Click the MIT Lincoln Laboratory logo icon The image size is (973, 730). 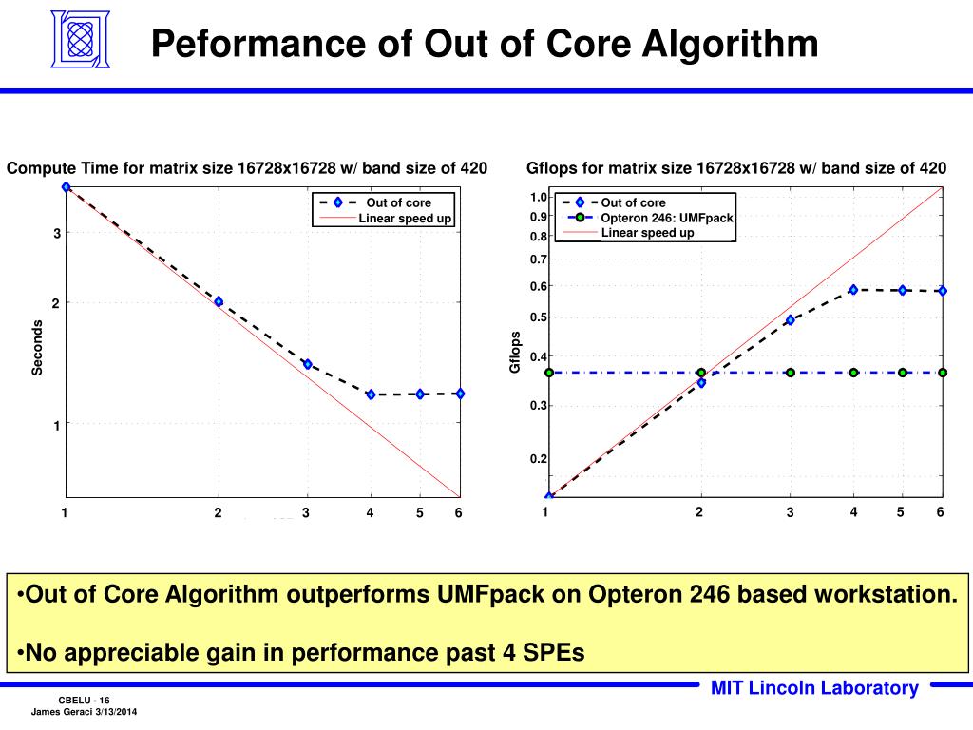coord(79,40)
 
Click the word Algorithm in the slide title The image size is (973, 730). coord(730,44)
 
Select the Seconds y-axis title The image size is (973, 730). coord(38,347)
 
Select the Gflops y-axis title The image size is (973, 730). coord(515,352)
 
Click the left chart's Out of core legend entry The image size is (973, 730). coord(398,202)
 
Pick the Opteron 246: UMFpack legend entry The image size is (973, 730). coord(667,218)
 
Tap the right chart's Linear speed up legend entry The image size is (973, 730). coord(647,233)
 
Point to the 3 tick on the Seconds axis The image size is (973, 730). coord(56,234)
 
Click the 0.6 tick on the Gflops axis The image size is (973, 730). coord(539,286)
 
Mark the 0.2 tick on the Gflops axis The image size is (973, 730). coord(539,459)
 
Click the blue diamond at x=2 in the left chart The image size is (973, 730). coord(219,301)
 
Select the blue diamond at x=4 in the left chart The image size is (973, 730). coord(371,394)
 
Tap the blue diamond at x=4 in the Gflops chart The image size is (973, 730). coord(853,290)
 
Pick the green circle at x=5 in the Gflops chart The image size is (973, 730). coord(903,373)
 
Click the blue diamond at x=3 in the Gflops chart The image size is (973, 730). coord(790,320)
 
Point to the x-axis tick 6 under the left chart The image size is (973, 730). coord(458,513)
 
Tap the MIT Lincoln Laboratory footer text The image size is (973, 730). coord(814,689)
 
